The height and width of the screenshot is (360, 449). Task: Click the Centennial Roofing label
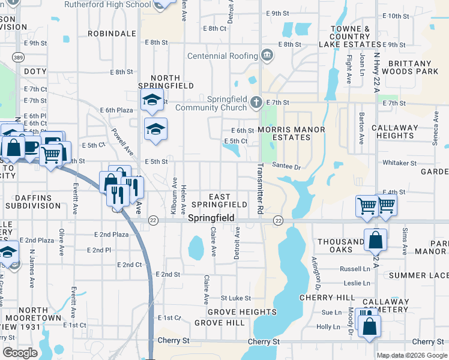point(221,56)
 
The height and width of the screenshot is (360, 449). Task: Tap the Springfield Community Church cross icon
point(257,101)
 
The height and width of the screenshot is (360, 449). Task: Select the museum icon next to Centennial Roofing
point(267,56)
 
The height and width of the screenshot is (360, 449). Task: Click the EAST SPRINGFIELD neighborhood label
point(228,201)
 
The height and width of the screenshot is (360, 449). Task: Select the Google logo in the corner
point(20,353)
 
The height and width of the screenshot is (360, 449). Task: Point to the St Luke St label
point(235,298)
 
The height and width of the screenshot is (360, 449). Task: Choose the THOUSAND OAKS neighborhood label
point(340,246)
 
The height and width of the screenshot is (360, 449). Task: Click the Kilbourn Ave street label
point(174,196)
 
